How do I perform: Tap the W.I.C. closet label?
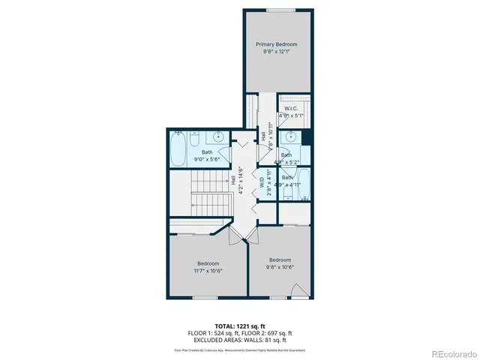292,109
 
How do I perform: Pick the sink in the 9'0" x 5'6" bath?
219,137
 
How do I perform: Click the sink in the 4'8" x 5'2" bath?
288,137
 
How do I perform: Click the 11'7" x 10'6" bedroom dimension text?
208,271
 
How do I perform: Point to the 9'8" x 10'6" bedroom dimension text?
280,267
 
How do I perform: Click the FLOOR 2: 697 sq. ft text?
268,333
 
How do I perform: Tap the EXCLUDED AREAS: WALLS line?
239,339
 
